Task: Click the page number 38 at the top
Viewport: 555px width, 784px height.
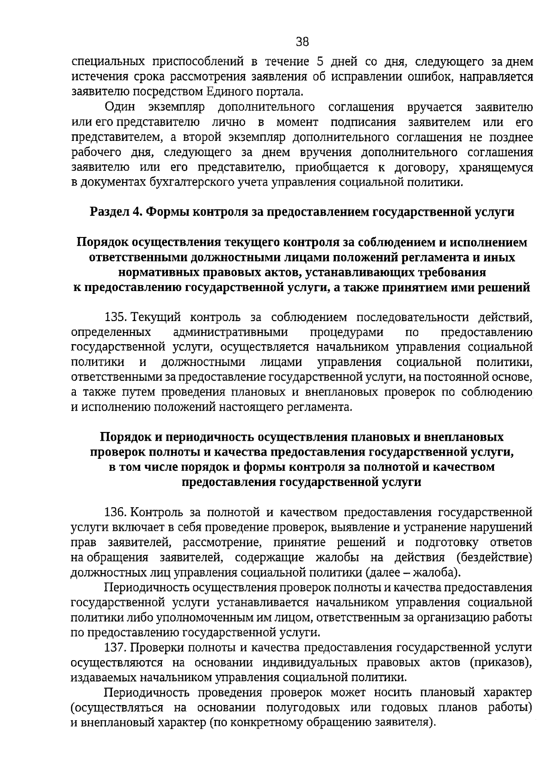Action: pos(302,42)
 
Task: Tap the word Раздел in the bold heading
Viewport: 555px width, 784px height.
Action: pos(109,212)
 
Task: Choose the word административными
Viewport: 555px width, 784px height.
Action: pos(230,333)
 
